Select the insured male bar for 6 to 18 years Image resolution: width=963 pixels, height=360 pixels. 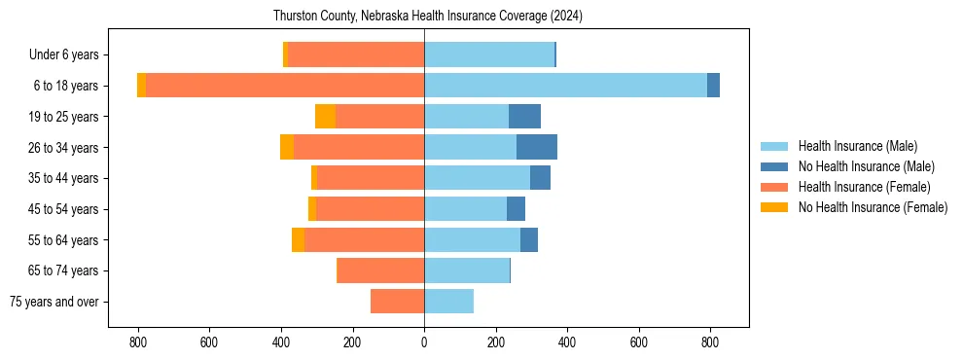565,86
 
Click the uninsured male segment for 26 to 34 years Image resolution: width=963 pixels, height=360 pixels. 536,147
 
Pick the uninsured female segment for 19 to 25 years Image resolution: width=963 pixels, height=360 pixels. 325,117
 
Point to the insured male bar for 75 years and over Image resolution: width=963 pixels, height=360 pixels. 448,302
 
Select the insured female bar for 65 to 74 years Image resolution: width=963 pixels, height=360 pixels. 380,270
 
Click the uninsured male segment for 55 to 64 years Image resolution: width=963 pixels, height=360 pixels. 528,239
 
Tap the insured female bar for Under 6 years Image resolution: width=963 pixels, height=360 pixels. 356,54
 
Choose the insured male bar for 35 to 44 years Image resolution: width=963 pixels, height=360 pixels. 477,178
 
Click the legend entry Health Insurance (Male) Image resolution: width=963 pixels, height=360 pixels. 857,146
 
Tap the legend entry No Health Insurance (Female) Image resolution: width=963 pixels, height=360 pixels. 873,207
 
